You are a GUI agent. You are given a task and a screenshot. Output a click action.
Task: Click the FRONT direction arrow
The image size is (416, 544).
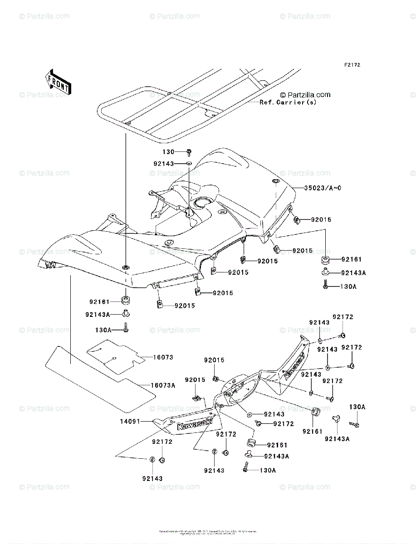pos(57,82)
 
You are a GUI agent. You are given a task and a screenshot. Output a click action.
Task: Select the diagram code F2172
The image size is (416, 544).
pos(352,65)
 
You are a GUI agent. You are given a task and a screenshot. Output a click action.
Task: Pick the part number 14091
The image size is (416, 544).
pos(130,421)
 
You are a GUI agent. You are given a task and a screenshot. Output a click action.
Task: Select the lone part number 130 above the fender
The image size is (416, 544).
pos(168,151)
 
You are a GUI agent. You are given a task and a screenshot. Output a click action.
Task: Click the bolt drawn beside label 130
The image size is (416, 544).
pos(189,153)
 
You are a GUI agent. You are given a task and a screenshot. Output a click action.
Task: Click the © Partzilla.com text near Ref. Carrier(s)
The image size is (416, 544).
pos(305,95)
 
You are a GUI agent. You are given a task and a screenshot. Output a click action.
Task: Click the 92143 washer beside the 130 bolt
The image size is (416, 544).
pos(189,162)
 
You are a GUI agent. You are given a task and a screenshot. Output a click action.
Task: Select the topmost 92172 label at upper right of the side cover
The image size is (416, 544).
pos(343,317)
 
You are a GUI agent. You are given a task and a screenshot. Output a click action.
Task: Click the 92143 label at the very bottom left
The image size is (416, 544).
pos(152,478)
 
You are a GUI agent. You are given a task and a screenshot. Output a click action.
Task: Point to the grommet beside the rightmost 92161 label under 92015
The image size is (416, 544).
pos(325,260)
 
